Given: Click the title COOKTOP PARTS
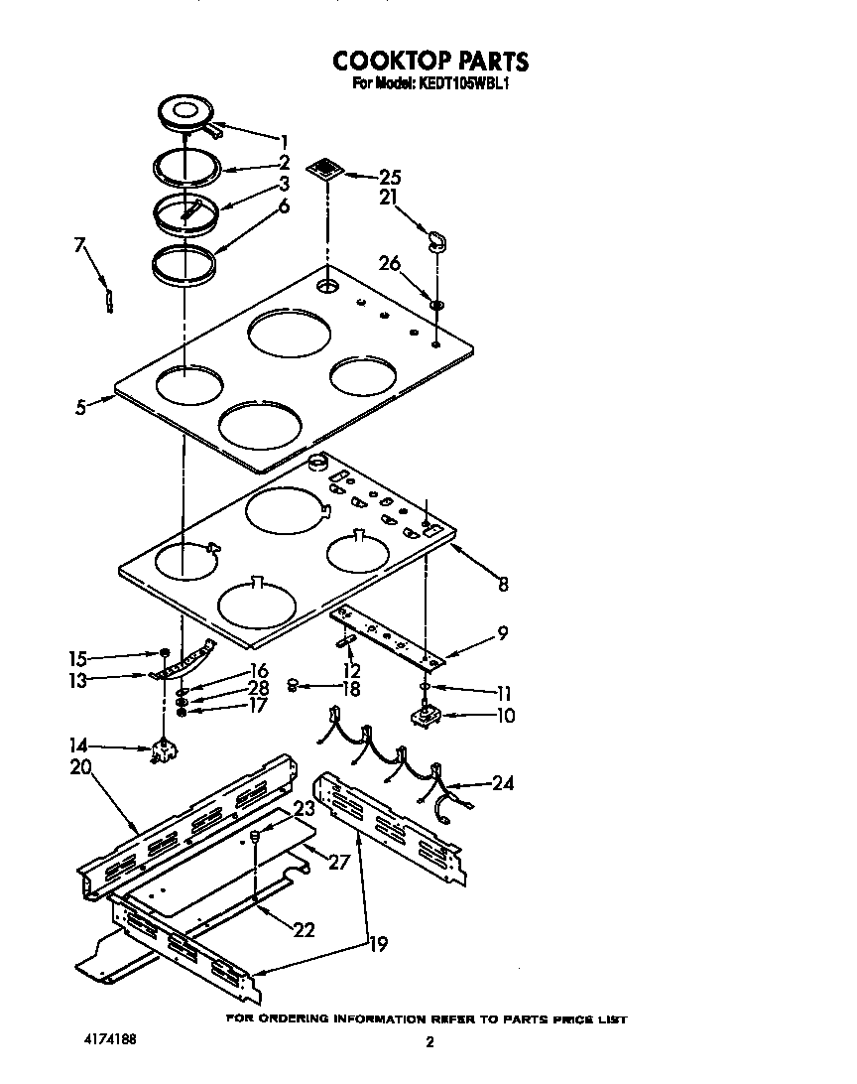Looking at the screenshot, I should coord(430,62).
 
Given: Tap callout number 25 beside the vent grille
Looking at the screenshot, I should coord(390,178).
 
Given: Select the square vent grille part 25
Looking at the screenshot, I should coord(326,168).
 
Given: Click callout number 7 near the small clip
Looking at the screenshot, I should coord(79,244).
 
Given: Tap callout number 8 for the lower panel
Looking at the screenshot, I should coord(503,585).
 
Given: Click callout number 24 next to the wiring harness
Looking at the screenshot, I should coord(503,783).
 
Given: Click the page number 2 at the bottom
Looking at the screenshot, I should coord(429,1042).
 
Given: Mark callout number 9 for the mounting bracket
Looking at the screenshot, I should coord(503,633).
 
